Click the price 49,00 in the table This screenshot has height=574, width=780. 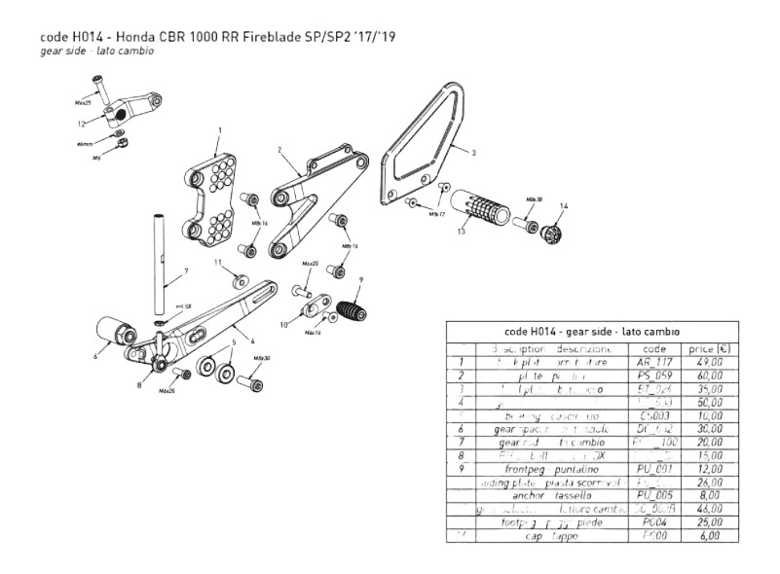707,363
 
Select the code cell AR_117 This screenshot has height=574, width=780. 650,363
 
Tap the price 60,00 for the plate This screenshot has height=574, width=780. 707,377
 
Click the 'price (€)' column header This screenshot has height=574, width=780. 708,348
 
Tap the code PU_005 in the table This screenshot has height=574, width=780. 650,495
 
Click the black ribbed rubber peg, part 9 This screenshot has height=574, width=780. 351,311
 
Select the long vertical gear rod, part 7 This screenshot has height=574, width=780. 159,272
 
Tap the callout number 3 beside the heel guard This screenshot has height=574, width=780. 473,153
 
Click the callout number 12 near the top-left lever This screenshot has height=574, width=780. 83,124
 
